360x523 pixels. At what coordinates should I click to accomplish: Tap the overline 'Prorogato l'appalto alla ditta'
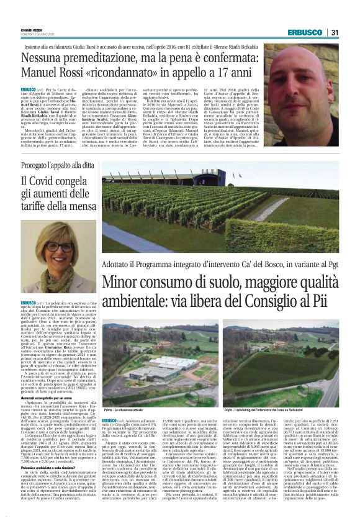pos(58,166)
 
